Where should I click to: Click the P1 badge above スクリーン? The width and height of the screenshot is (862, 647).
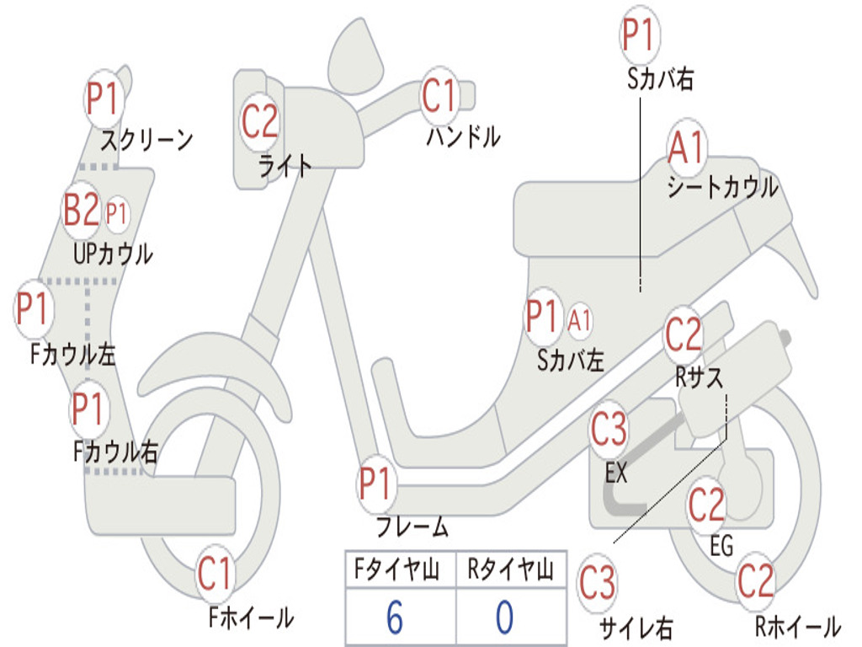[x=105, y=99]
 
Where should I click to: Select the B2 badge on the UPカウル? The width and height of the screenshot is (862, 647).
[x=82, y=211]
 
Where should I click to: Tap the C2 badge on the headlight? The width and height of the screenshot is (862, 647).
[x=259, y=121]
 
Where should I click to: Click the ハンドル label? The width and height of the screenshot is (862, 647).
[x=463, y=136]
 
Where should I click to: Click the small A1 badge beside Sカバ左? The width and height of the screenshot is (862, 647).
[x=580, y=320]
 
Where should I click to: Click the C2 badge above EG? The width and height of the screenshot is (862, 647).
[x=706, y=505]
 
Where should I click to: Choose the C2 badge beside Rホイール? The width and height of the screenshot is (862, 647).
[x=755, y=581]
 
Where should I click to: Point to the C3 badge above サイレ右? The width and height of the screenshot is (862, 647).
[x=597, y=584]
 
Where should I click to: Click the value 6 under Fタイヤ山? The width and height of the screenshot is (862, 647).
[x=394, y=618]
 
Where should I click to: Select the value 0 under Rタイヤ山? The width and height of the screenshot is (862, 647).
[x=504, y=618]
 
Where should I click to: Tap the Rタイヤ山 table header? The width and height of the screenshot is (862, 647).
[x=510, y=571]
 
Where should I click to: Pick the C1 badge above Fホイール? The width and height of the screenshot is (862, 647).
[x=215, y=575]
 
